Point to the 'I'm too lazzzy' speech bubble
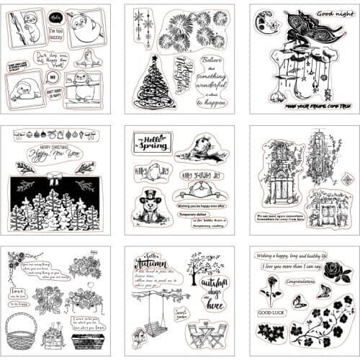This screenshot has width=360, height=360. tap(55, 32)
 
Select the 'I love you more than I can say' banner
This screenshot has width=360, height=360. tap(297, 268)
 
